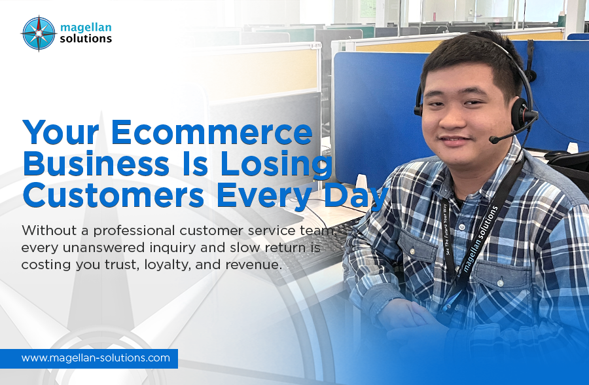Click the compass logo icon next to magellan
click(x=39, y=33)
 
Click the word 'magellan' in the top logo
click(x=86, y=27)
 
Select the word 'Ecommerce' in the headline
click(x=211, y=133)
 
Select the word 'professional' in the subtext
click(x=144, y=231)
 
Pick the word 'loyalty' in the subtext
click(x=188, y=265)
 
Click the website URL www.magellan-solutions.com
click(x=96, y=358)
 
